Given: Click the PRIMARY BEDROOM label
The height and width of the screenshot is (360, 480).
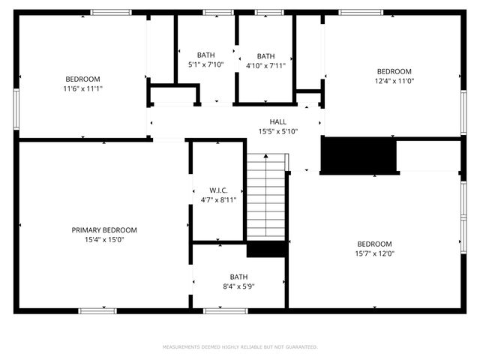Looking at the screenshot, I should [x=104, y=230].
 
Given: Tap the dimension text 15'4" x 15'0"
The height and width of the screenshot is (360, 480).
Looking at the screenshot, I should [x=104, y=240].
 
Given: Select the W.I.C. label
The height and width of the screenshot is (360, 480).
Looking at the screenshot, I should [x=218, y=190].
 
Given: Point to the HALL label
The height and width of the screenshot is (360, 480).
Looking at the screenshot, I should [x=278, y=121].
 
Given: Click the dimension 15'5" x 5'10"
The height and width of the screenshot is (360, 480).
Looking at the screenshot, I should [x=278, y=131].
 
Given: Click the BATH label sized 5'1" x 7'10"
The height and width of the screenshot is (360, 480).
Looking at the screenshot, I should [x=205, y=55].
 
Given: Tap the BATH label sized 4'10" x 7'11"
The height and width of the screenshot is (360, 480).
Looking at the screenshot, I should [x=265, y=56].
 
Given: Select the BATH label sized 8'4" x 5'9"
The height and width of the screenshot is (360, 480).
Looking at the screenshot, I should [x=238, y=276].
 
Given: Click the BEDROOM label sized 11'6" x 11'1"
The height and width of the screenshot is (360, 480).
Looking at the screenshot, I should [x=82, y=79].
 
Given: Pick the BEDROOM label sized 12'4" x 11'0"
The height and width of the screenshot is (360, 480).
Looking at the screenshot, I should [x=394, y=71].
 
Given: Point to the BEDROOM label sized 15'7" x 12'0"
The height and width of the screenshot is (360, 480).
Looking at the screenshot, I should [x=374, y=244].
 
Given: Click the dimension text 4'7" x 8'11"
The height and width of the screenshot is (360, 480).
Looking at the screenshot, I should [x=218, y=199].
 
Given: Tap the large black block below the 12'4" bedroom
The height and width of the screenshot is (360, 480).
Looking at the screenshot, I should [x=358, y=155].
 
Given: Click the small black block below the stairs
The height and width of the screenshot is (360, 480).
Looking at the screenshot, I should [x=266, y=250].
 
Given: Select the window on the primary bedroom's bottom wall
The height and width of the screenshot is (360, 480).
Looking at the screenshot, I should [x=97, y=310].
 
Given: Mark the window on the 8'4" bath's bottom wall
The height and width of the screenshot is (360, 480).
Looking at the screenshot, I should [x=226, y=310].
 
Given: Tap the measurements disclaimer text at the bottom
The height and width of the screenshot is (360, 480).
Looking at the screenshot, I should [x=240, y=347].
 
